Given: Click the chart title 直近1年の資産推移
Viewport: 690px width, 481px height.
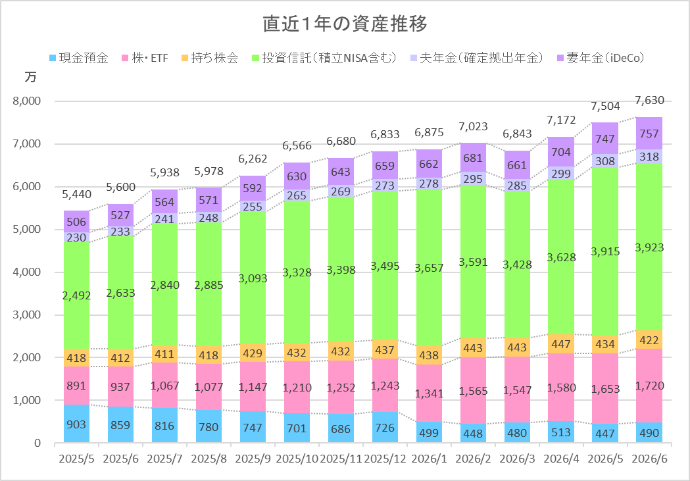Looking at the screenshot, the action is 345,24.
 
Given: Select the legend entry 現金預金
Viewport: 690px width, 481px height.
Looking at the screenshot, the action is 79,58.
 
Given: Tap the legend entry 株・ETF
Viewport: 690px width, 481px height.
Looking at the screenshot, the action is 145,58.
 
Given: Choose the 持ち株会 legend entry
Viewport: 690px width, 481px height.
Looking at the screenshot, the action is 210,58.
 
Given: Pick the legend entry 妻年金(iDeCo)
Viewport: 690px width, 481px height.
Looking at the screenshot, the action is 601,58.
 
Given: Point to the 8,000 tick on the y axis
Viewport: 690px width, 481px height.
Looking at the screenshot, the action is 27,101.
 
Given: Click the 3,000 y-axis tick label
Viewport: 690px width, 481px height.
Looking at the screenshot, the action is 27,315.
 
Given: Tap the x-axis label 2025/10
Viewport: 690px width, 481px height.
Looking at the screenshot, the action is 297,459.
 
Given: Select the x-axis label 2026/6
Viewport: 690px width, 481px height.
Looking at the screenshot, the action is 649,459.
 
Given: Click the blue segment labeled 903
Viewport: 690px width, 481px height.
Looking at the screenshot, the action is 76,423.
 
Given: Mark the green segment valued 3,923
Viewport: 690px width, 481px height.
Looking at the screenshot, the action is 649,247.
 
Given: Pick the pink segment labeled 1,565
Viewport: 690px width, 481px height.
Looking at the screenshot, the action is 473,390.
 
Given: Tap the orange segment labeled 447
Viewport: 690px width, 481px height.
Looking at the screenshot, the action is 561,343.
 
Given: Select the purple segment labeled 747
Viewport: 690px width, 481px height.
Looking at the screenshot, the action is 605,138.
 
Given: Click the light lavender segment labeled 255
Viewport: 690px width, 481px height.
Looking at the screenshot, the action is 253,207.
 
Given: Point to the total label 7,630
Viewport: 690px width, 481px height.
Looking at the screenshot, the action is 649,100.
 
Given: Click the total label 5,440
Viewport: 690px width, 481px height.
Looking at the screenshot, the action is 76,194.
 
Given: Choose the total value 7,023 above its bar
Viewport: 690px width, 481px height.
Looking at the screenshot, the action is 473,127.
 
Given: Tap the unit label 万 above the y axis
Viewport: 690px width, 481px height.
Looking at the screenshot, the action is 30,77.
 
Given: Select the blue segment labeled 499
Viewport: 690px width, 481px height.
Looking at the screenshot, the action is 429,432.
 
